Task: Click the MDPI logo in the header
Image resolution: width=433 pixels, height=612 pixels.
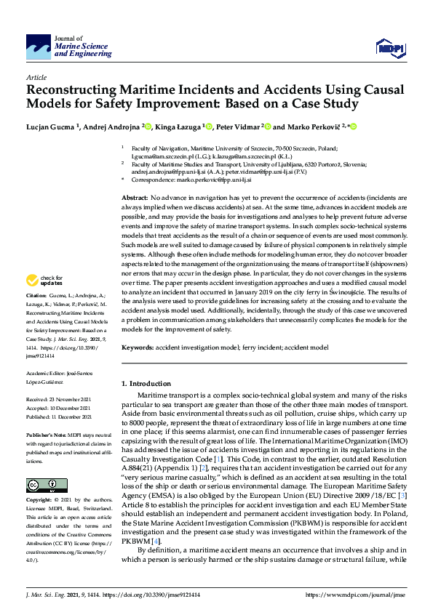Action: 389,49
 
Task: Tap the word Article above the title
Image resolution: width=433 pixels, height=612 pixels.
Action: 36,77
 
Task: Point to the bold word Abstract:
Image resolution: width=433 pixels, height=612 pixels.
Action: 135,198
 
